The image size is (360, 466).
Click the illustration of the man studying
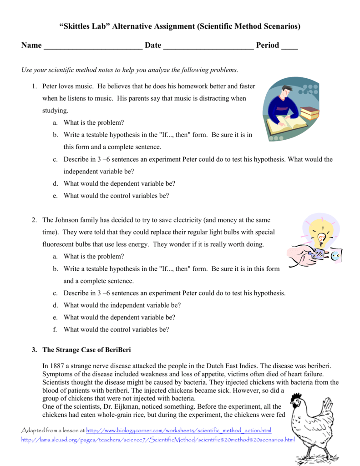[290, 109]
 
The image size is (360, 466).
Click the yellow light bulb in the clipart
[321, 237]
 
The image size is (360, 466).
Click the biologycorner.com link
[178, 431]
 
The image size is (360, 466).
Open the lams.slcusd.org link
[158, 440]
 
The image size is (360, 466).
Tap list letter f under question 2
[55, 329]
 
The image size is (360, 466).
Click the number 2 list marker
[34, 220]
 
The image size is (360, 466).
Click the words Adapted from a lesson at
[53, 431]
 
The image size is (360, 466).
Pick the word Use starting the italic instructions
[27, 70]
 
